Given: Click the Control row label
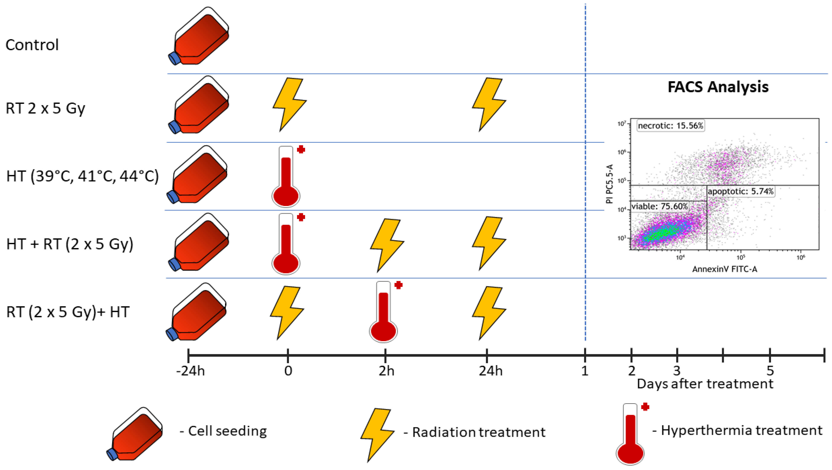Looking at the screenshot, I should tap(32, 45).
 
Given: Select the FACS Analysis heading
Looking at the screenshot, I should tap(718, 87).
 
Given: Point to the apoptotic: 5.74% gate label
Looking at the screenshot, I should tap(740, 191).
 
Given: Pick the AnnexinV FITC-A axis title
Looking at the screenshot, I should tap(725, 269).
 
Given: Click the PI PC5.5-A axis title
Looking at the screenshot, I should tap(609, 184).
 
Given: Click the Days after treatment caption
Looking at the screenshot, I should tap(705, 384).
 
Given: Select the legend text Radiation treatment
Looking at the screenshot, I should tap(479, 432).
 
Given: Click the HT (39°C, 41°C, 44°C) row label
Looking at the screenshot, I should tap(82, 176).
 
